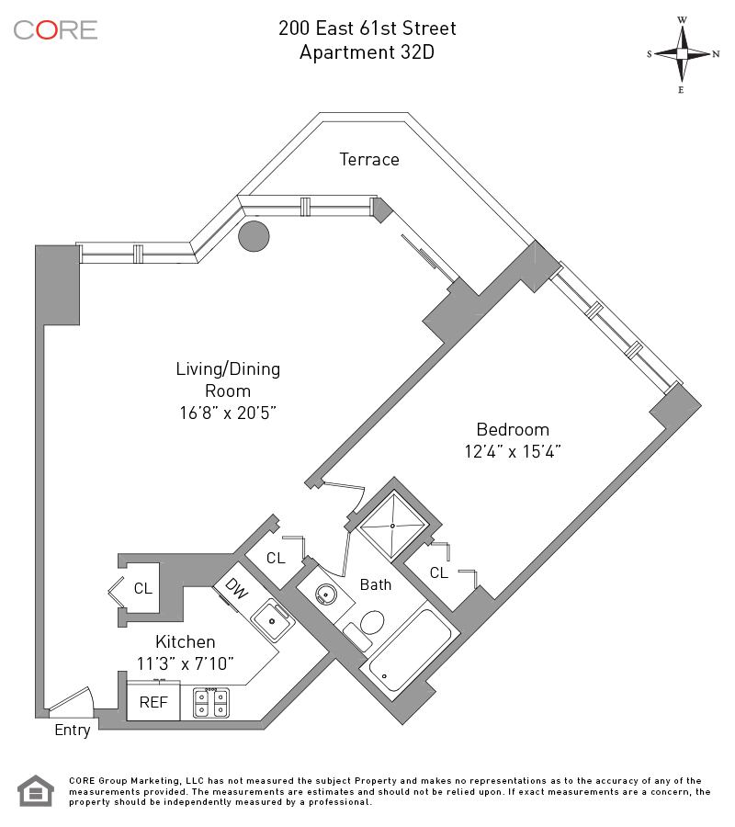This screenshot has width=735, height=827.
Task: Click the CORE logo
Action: [x=55, y=29]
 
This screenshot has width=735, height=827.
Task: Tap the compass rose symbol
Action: [x=683, y=54]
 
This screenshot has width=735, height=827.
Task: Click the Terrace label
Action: [x=369, y=160]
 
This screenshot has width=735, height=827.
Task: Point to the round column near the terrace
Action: [x=254, y=236]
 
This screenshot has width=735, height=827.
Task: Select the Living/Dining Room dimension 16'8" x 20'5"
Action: [x=228, y=413]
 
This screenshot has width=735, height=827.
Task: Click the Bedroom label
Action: [x=513, y=429]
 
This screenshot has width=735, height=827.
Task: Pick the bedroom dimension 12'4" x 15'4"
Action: [x=513, y=451]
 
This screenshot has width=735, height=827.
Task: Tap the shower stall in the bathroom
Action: [x=392, y=527]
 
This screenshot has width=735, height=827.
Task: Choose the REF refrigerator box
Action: [x=153, y=702]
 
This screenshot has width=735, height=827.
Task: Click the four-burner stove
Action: [x=210, y=703]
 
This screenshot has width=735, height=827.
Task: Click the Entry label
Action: [x=73, y=731]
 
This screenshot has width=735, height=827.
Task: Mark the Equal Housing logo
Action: [x=37, y=791]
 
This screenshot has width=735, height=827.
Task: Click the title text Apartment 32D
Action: [x=367, y=52]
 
